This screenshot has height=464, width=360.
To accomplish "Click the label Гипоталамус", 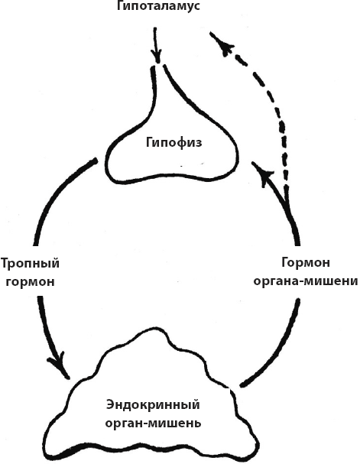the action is click(x=158, y=6).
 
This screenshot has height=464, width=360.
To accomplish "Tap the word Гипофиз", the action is click(x=174, y=143).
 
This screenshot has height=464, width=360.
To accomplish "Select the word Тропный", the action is click(x=30, y=264).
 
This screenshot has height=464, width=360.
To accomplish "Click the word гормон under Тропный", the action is click(x=31, y=281).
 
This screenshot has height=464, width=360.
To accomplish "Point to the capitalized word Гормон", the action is click(x=306, y=262).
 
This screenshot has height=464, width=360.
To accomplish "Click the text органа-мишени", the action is click(x=306, y=281).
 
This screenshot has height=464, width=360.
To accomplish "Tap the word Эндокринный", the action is click(x=153, y=404).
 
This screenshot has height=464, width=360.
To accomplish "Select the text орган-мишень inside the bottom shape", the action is click(x=153, y=423).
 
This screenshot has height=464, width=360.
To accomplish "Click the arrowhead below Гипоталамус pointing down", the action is click(x=157, y=57).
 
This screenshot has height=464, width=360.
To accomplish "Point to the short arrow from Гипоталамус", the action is click(x=156, y=44).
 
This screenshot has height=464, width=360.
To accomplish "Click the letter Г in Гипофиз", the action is click(x=150, y=142).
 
